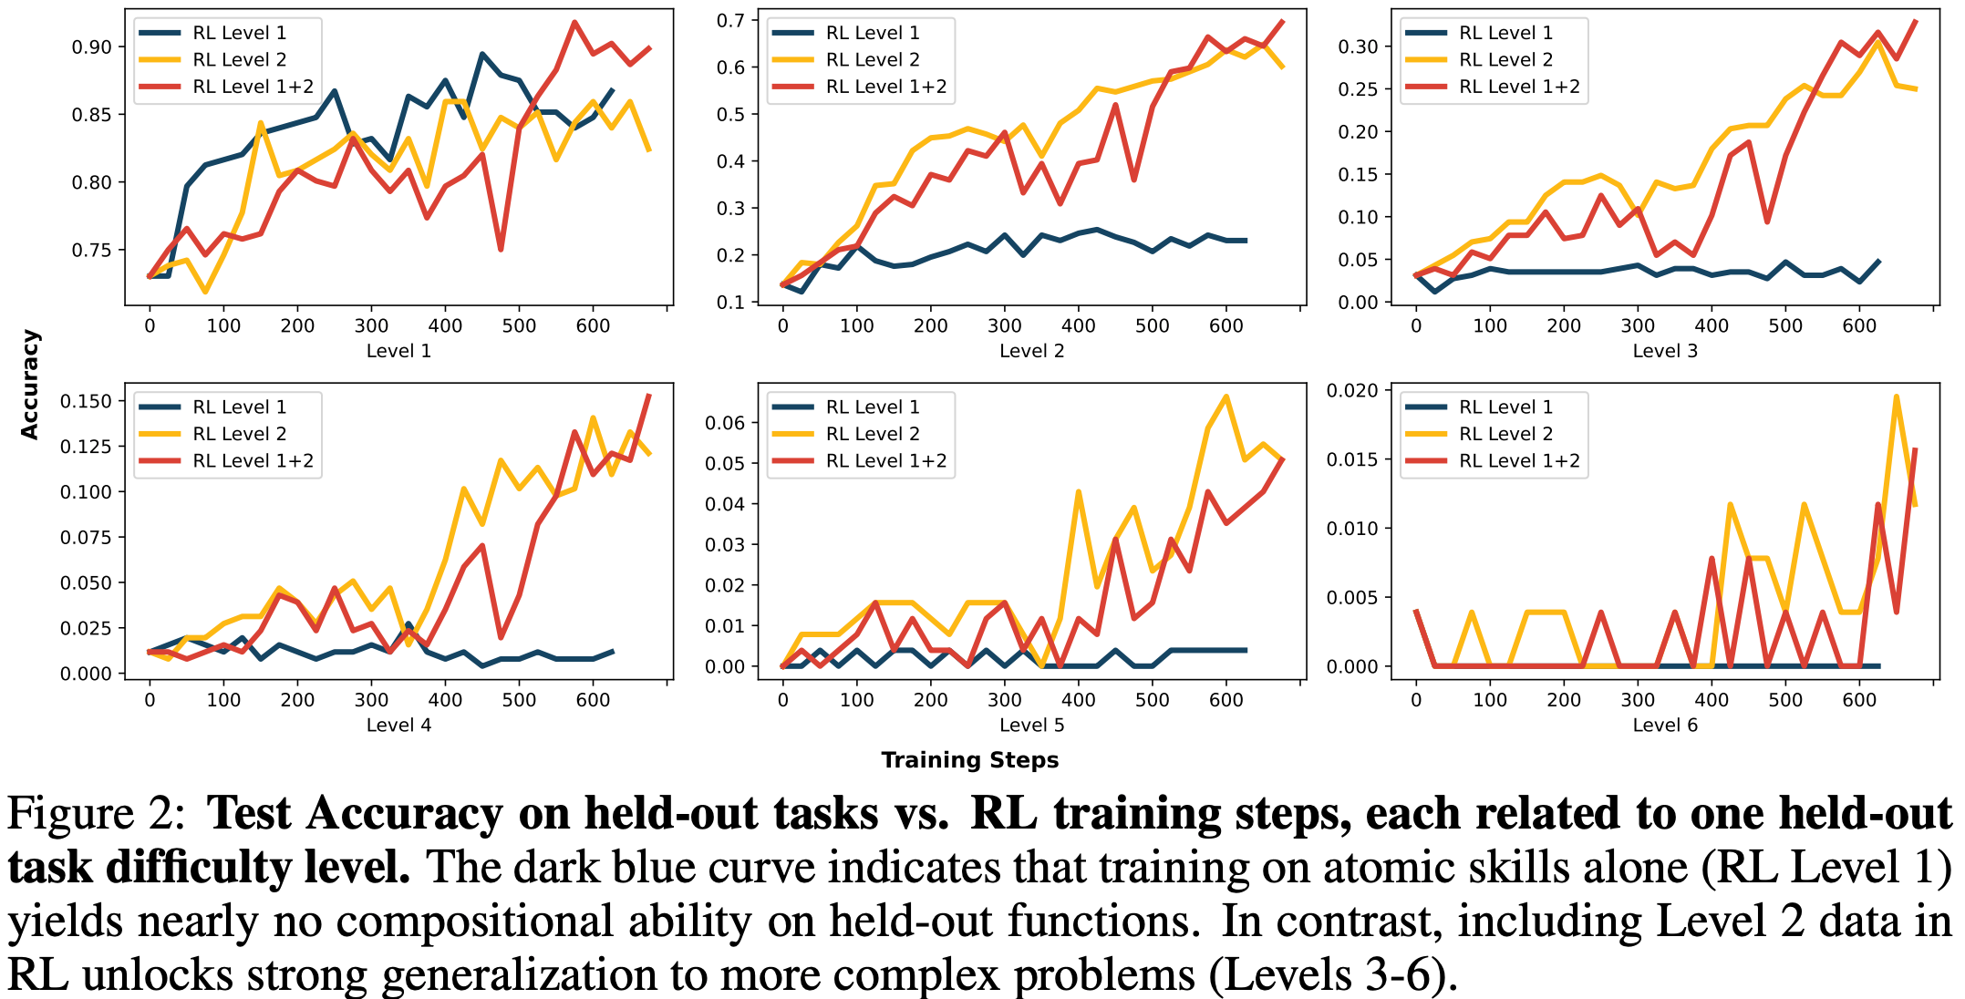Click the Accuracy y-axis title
coord(30,385)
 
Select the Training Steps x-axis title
coord(969,760)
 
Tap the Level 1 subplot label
coord(398,351)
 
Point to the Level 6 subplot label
coord(1665,726)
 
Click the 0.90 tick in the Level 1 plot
coord(91,47)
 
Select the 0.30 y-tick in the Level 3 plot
coord(1358,46)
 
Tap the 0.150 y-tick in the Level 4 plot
coord(86,401)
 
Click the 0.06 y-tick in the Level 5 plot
coord(725,423)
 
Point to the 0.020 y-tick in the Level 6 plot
coord(1352,391)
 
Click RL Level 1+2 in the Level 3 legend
coord(1519,87)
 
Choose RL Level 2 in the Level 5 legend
coord(873,434)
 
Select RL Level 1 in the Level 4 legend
coord(240,407)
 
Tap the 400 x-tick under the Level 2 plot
coord(1079,325)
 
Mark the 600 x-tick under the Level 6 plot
coord(1859,700)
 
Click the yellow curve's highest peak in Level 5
coord(1226,397)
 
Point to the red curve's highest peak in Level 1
coord(574,23)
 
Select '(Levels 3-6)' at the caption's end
coord(1328,975)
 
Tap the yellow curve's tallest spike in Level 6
coord(1897,397)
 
